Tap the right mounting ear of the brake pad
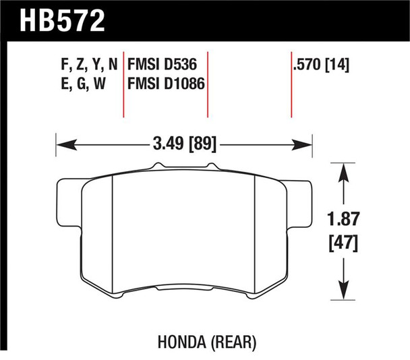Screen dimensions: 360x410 pos(304,203)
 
